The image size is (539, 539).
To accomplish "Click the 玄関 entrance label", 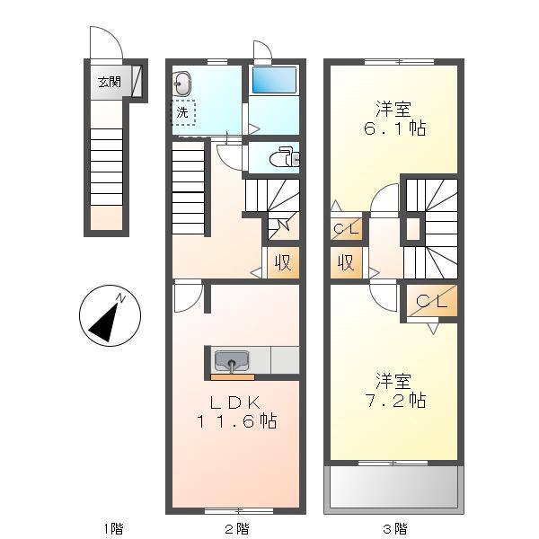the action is click(x=110, y=82).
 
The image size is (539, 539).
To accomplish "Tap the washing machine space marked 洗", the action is click(x=183, y=112).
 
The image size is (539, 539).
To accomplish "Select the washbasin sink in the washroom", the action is click(x=181, y=84).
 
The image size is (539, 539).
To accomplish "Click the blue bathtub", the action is click(x=274, y=80).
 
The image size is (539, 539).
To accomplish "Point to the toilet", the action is click(x=285, y=158).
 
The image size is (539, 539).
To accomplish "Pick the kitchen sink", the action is click(x=232, y=361).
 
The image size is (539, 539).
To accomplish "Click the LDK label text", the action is click(x=236, y=402).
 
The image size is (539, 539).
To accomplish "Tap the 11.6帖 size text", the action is click(x=236, y=421).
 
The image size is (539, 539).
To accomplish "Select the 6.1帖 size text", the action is click(x=394, y=128).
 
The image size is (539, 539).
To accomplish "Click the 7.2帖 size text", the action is click(x=395, y=401).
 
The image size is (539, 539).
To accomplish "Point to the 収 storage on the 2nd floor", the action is click(x=283, y=262).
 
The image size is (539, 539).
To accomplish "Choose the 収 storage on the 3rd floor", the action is click(x=346, y=262).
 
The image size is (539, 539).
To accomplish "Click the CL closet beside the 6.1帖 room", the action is click(x=347, y=228).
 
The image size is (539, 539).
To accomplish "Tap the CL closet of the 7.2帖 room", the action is click(x=432, y=301).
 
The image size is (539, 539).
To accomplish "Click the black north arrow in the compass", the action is click(x=105, y=321).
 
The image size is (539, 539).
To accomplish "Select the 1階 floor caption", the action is click(x=113, y=528).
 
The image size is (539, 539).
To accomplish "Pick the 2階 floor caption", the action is click(x=237, y=528).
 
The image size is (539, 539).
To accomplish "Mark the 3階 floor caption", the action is click(x=395, y=528).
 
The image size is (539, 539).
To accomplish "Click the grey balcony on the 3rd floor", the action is click(x=394, y=487).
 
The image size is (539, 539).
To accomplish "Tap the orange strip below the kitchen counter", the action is click(x=233, y=377).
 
